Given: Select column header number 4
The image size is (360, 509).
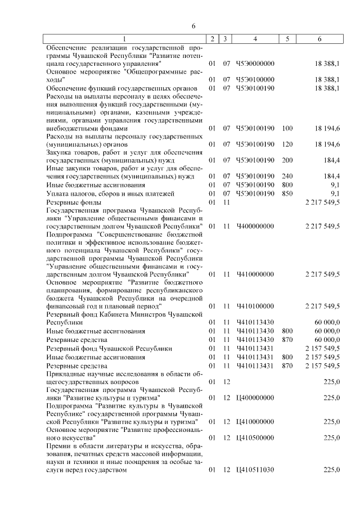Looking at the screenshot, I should pos(255,39).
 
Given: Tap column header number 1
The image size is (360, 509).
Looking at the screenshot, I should pos(125,39).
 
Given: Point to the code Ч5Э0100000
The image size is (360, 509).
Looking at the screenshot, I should pos(255,80).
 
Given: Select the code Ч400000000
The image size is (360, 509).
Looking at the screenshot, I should pos(255,226).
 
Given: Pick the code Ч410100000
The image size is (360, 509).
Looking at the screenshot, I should pos(255,306).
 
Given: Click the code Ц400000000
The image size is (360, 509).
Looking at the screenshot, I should pos(255,398).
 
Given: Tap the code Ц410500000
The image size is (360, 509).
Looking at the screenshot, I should pos(255,437).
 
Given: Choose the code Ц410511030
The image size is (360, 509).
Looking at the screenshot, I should pos(255,470).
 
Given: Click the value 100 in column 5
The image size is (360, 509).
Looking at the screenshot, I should pos(287,128).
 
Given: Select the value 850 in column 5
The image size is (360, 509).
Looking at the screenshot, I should pos(287,193).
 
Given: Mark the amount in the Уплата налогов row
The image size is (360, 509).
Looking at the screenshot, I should pos(334,193).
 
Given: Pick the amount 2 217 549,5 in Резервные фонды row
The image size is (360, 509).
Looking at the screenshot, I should pos(322,202).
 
